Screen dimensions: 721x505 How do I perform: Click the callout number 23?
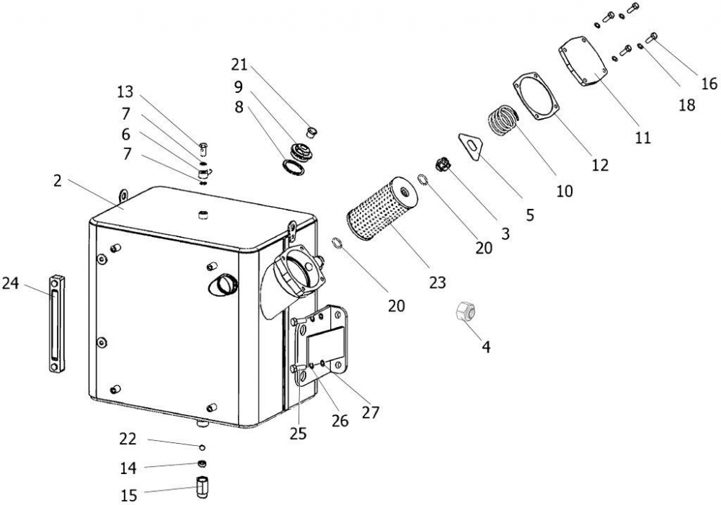pos(438,282)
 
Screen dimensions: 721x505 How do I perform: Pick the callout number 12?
pos(600,164)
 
